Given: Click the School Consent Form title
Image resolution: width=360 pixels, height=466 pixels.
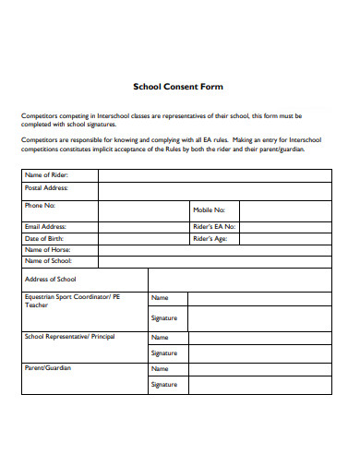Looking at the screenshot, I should tap(179, 87).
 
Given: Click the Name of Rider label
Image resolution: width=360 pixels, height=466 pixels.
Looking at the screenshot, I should tap(47, 174).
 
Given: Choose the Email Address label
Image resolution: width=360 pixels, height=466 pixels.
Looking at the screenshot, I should tap(46, 226).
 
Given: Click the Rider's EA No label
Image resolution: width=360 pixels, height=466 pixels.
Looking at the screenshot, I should tap(214, 226).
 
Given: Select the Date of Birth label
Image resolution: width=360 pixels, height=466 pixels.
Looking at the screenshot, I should tap(44, 238).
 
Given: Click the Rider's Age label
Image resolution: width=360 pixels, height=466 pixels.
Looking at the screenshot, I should tap(210, 238).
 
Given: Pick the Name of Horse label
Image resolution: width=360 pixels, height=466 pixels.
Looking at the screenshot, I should tap(47, 249).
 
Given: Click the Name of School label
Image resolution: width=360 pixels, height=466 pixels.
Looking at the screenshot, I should tap(48, 261).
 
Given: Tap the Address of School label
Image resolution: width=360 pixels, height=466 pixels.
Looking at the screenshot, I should tap(51, 279).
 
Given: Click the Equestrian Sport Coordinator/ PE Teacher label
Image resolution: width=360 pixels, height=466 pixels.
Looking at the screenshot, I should tap(61, 301).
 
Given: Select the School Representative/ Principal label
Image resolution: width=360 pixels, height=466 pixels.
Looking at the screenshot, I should tap(69, 336).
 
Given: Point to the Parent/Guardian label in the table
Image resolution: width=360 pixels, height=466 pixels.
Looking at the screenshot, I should tap(48, 367).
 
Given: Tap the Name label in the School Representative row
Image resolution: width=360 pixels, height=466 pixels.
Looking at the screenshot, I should tap(160, 337).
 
